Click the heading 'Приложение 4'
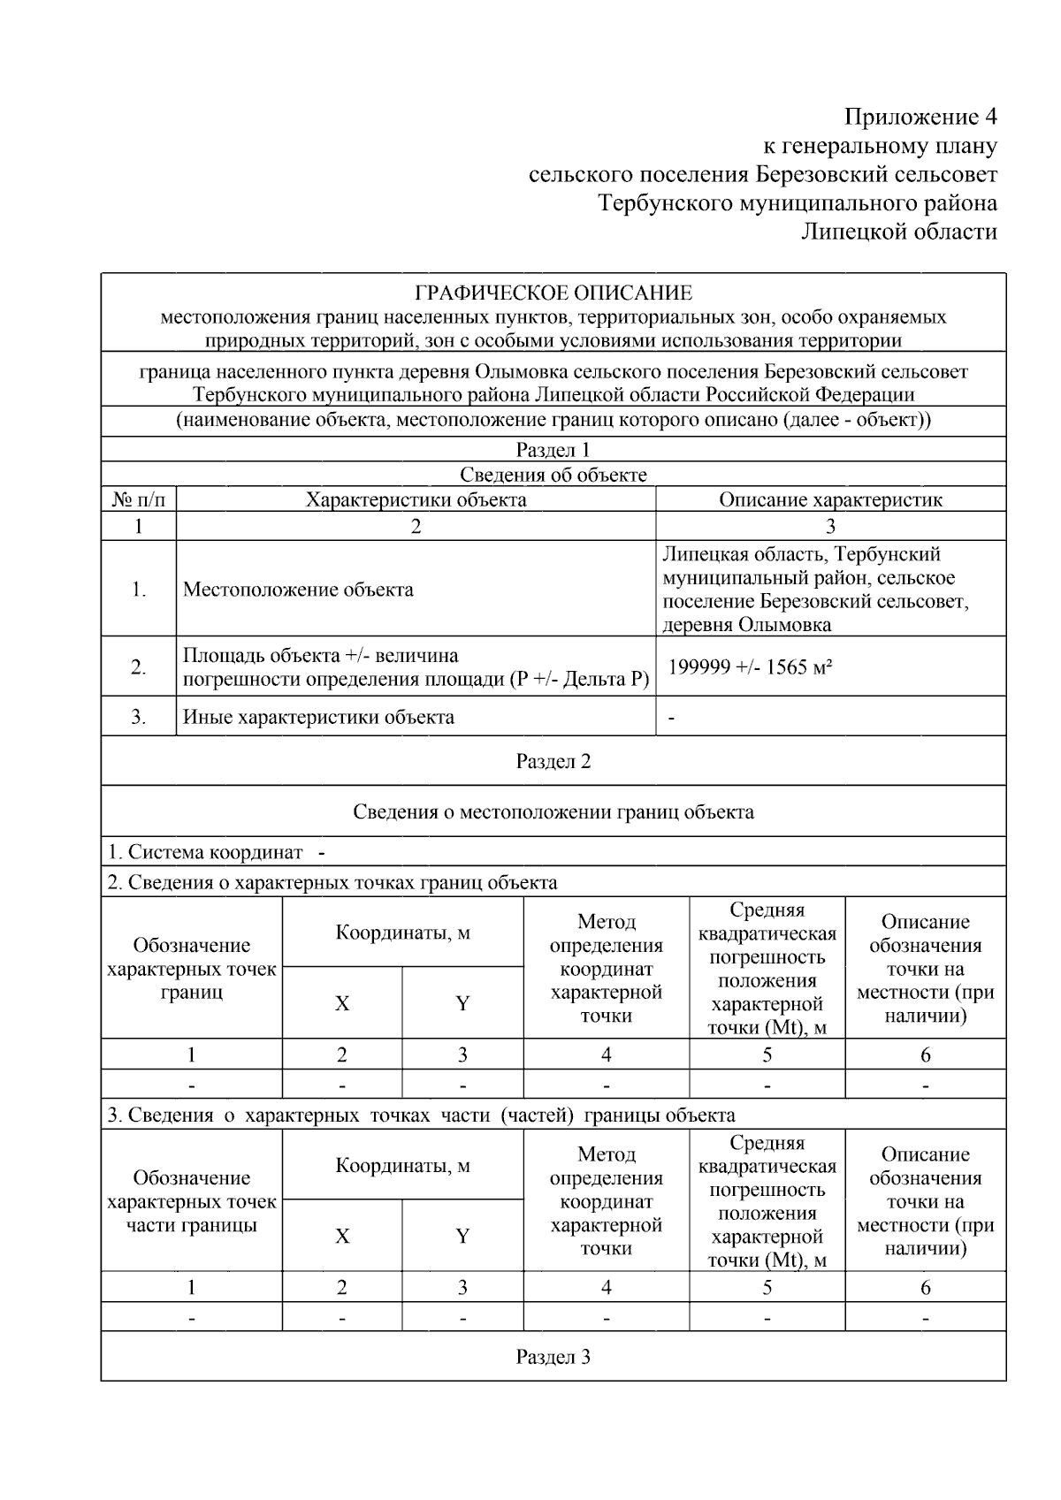coord(920,117)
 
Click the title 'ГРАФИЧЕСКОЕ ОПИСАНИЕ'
coord(553,293)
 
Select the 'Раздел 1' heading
coord(553,450)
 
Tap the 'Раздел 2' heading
coord(553,761)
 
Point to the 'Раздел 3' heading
coord(553,1357)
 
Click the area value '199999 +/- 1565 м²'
coord(750,666)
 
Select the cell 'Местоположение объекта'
coord(298,590)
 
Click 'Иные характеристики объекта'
coord(318,717)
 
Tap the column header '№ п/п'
coord(138,499)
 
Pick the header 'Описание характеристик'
coord(830,499)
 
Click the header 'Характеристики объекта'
coord(416,499)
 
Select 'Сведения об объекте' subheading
coord(553,475)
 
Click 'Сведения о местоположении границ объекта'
coord(553,811)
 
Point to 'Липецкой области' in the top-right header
coord(899,232)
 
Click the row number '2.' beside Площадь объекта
coord(138,667)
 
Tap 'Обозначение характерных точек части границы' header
coord(192,1201)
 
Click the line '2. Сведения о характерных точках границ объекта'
coord(332,882)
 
